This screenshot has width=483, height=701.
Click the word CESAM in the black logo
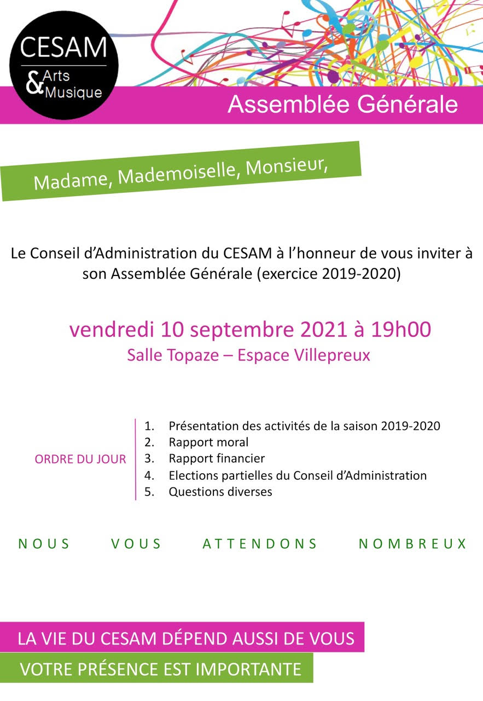pyautogui.click(x=63, y=47)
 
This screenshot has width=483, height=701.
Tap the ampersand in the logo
pyautogui.click(x=36, y=85)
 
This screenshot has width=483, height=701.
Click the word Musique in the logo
pyautogui.click(x=73, y=91)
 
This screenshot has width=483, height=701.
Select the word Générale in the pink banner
pyautogui.click(x=406, y=104)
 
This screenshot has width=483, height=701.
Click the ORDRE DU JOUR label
pyautogui.click(x=80, y=459)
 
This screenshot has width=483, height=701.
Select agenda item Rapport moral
pyautogui.click(x=208, y=442)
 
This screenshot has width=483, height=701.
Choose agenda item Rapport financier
pyautogui.click(x=217, y=458)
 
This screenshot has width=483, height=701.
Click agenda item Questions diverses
pyautogui.click(x=220, y=492)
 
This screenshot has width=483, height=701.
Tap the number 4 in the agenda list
pyautogui.click(x=148, y=475)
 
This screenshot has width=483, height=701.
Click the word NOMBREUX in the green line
pyautogui.click(x=412, y=544)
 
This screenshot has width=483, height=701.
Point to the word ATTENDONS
pyautogui.click(x=260, y=544)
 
